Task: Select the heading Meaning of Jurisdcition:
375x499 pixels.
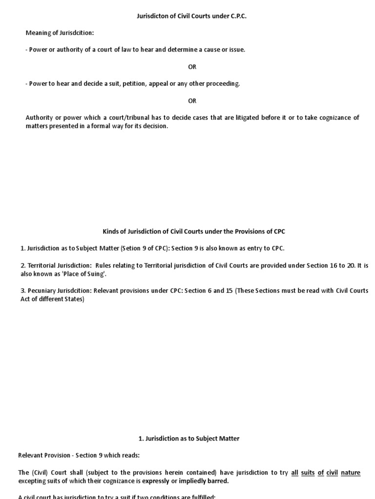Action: click(60, 33)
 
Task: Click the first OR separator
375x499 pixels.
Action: click(192, 67)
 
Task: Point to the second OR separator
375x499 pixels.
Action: click(192, 101)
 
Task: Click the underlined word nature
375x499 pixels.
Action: click(351, 472)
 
